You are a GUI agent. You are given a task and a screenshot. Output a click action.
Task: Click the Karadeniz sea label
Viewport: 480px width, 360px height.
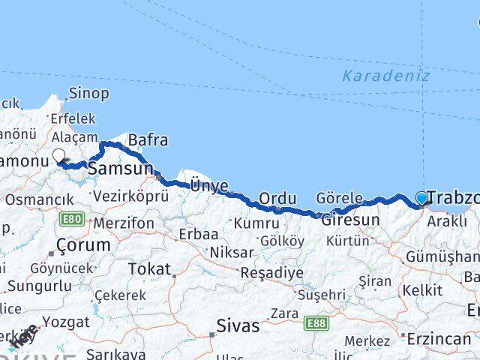386,76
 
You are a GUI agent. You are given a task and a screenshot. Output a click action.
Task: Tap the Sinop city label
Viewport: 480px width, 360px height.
88,94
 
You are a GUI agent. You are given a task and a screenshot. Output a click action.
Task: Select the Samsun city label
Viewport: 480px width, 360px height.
121,169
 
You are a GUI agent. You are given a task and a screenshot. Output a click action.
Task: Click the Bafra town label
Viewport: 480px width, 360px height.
148,140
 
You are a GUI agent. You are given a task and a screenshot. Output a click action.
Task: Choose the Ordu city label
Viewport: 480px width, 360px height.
274,198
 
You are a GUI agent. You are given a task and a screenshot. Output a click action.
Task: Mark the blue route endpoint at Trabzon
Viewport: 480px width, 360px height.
421,199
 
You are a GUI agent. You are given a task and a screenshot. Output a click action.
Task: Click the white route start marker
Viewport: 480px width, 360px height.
59,157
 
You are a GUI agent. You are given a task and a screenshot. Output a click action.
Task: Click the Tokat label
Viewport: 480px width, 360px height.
149,268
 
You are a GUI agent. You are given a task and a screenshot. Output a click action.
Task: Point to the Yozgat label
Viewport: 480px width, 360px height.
67,322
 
